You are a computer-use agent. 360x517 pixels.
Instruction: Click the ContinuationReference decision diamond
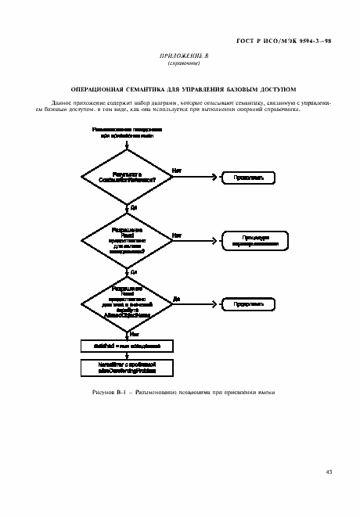click(x=126, y=178)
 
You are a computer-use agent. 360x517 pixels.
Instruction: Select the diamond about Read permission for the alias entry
click(x=126, y=241)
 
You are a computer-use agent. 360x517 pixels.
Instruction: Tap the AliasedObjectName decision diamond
click(x=126, y=303)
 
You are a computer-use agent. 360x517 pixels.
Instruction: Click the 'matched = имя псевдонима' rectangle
click(x=126, y=344)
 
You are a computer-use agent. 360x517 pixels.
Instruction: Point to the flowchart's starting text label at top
click(x=126, y=131)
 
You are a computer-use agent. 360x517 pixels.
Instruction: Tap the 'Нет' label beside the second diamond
click(x=177, y=234)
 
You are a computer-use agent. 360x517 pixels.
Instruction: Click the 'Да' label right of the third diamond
click(x=177, y=297)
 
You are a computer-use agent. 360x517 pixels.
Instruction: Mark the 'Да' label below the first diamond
click(x=135, y=208)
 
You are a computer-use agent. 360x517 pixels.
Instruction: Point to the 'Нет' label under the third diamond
click(x=135, y=332)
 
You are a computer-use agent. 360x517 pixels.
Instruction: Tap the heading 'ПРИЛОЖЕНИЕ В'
click(x=180, y=57)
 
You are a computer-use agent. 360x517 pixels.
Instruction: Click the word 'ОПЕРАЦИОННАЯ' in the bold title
click(x=97, y=90)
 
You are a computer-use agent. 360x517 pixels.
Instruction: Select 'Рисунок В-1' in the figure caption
click(x=109, y=393)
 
